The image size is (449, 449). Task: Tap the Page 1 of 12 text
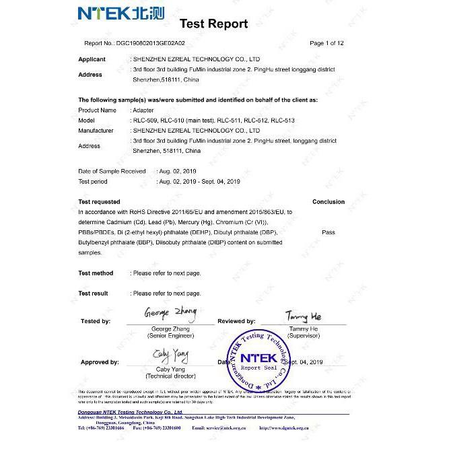point(326,43)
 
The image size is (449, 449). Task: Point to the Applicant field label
point(92,59)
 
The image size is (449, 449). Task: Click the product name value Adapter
point(143,110)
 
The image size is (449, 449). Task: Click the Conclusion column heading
point(329,202)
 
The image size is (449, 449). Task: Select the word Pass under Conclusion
point(329,232)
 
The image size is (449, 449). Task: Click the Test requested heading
point(100,202)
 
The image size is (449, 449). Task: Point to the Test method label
point(96,273)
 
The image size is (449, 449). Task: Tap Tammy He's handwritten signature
point(304,316)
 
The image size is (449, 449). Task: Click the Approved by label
point(100,362)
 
